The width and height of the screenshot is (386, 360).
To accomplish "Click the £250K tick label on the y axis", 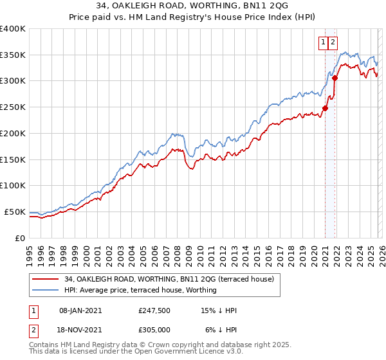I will click(x=13, y=107).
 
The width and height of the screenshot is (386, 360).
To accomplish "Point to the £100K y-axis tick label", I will click(x=13, y=186).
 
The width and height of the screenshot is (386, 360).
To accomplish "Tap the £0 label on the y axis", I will click(x=19, y=238).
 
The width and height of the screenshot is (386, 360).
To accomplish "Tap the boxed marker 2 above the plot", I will click(x=333, y=43).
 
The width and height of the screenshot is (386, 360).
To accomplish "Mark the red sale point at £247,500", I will click(x=325, y=108).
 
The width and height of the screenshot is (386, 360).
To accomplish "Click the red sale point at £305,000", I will click(x=335, y=78).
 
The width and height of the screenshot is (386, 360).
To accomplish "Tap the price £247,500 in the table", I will click(x=154, y=310).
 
